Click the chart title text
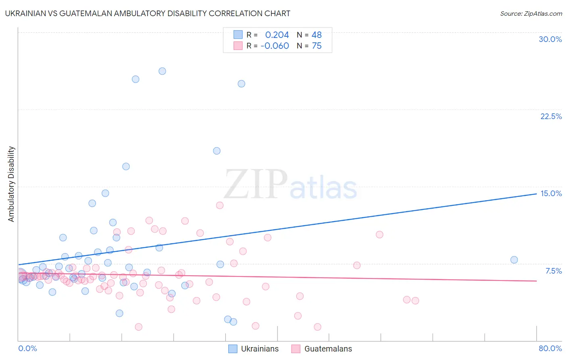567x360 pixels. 148,13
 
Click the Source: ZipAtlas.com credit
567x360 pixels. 531,13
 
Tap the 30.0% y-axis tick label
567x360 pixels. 550,39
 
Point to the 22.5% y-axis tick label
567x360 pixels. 551,116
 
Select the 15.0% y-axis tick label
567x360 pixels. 551,193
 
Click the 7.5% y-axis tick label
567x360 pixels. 553,271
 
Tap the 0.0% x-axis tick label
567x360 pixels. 27,348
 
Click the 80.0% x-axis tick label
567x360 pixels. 550,348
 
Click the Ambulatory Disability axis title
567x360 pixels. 11,184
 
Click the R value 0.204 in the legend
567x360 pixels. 277,35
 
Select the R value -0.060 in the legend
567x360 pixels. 275,46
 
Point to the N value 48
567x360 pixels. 317,35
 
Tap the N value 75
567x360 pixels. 317,46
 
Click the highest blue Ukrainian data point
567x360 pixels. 162,71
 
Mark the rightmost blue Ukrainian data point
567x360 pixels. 514,260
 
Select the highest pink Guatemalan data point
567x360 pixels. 219,205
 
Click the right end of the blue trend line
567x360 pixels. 536,194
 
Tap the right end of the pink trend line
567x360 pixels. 536,280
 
